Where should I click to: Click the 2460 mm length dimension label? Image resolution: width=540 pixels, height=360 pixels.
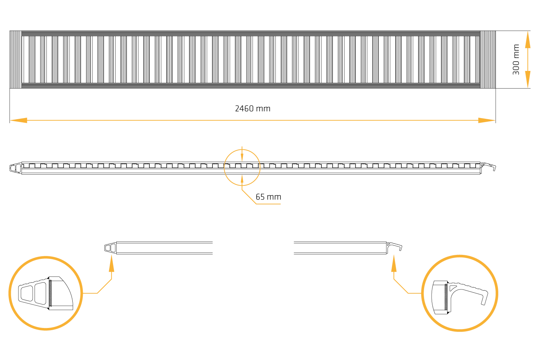[252, 108]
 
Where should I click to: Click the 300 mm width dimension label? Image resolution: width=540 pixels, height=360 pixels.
[516, 59]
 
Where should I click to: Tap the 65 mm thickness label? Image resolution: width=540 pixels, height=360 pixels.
[268, 197]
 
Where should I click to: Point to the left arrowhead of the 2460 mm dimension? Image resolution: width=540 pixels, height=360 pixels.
[18, 120]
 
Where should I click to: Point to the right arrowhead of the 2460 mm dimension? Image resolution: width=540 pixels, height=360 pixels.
[487, 120]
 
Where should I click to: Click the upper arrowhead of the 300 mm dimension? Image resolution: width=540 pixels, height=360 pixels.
[527, 40]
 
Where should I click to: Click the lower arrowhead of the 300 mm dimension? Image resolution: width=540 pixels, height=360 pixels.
[527, 79]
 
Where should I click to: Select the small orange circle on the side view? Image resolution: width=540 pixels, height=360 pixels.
[242, 167]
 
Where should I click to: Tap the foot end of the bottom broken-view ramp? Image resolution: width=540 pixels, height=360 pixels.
[110, 248]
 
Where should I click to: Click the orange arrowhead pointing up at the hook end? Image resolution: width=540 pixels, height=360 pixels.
[394, 264]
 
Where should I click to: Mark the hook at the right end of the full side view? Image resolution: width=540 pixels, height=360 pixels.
[489, 166]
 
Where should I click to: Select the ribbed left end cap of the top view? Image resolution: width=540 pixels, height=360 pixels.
[15, 59]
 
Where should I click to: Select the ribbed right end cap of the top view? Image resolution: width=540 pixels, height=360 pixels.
[488, 59]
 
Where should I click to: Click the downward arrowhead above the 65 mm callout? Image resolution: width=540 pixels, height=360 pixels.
[242, 157]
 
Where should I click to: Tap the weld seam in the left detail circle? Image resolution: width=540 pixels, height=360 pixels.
[50, 293]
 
